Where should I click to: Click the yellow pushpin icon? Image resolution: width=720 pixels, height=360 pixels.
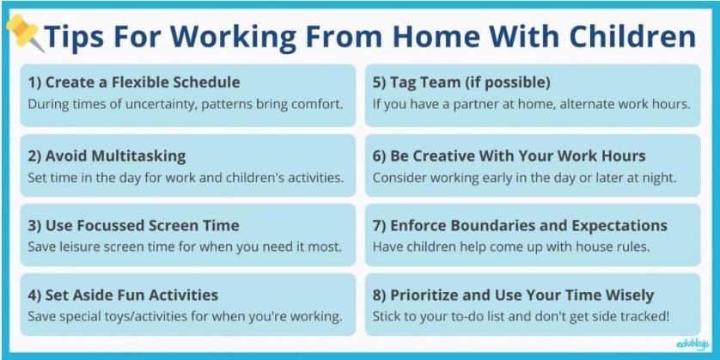24,32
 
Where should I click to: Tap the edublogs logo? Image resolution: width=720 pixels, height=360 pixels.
693,343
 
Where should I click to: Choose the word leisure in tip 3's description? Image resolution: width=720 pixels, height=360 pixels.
75,247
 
